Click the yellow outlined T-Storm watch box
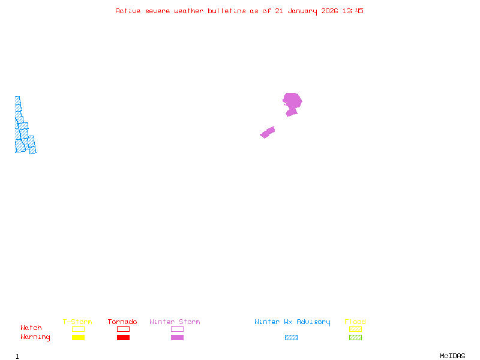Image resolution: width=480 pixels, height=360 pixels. tap(78, 329)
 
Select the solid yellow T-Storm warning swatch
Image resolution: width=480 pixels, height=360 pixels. tap(78, 338)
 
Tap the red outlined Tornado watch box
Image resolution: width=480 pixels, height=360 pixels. tap(123, 329)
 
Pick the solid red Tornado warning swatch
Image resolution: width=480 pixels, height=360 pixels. tap(123, 338)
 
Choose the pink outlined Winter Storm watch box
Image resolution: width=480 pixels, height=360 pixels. tap(177, 329)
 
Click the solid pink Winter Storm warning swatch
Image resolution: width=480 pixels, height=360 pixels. tap(177, 338)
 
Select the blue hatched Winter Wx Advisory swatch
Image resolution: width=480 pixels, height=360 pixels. tap(291, 338)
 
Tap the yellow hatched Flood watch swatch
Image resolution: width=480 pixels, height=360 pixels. tap(355, 329)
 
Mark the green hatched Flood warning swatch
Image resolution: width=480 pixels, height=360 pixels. tap(355, 338)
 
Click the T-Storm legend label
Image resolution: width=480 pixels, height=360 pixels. tap(77, 322)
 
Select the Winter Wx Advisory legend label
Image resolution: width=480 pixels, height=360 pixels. tap(292, 322)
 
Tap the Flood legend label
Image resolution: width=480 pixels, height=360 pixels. tap(355, 322)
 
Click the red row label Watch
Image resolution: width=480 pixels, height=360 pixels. tap(31, 328)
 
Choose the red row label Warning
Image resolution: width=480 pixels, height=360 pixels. tap(35, 337)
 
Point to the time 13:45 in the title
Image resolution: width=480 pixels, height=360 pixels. tap(353, 11)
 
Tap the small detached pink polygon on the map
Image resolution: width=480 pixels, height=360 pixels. tap(268, 132)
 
